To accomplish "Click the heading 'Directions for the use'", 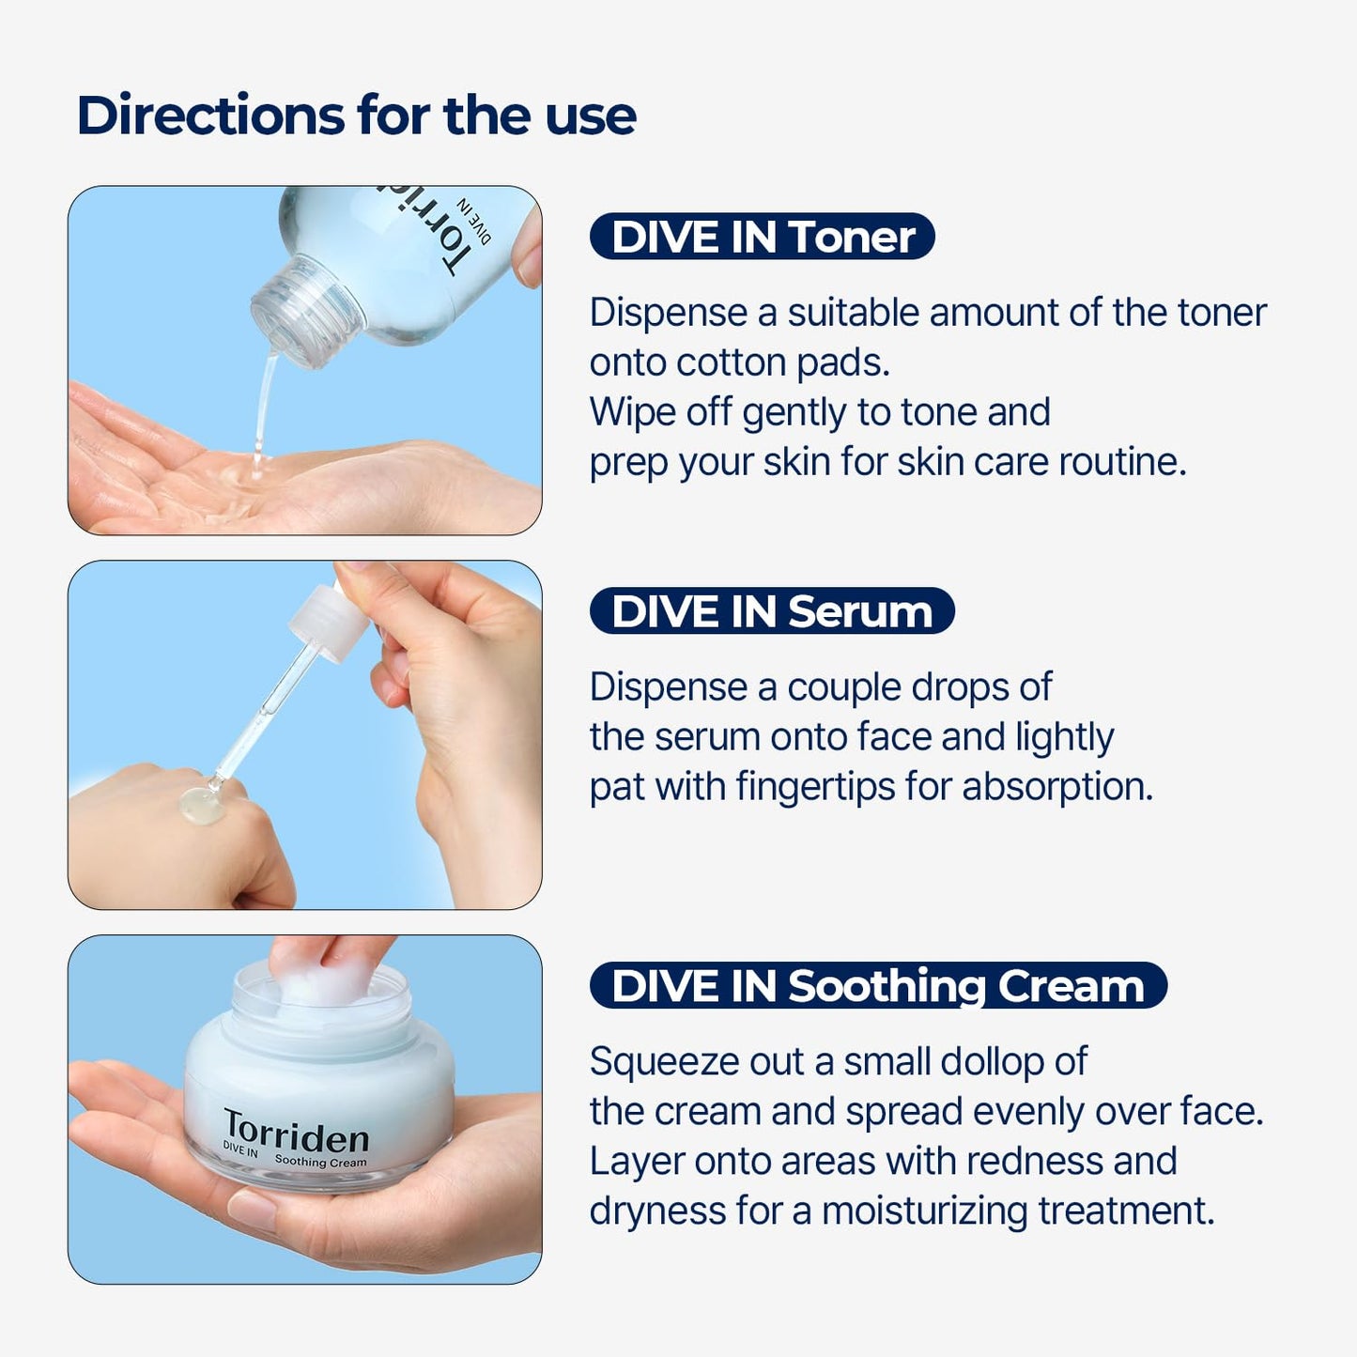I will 356,116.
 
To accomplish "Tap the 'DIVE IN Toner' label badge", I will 762,237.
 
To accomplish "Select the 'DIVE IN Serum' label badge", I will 771,611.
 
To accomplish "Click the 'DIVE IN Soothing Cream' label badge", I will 877,986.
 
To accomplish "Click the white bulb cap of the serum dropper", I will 325,621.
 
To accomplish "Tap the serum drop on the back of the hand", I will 202,806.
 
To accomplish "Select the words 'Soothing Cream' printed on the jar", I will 320,1162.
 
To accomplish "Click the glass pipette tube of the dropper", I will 268,714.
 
